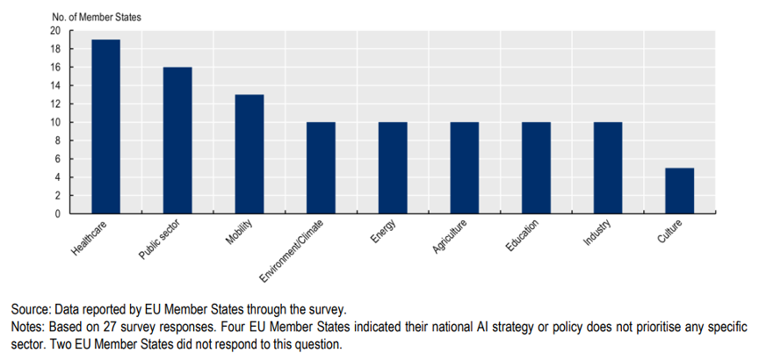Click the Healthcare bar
(x=106, y=126)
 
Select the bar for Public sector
(x=177, y=140)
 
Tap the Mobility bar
(x=249, y=154)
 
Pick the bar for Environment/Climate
(x=321, y=168)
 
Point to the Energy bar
(x=393, y=168)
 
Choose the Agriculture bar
(x=465, y=168)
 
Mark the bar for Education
(x=537, y=168)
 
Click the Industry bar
(x=608, y=168)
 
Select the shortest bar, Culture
(x=680, y=191)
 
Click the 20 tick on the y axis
(x=56, y=31)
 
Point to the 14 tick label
(x=56, y=86)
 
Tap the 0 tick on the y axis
(x=59, y=213)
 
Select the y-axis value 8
(x=59, y=140)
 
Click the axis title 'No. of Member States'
(x=97, y=18)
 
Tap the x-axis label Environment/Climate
(x=291, y=251)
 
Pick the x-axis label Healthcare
(x=89, y=238)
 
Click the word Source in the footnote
(x=30, y=310)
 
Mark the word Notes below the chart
(x=27, y=328)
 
